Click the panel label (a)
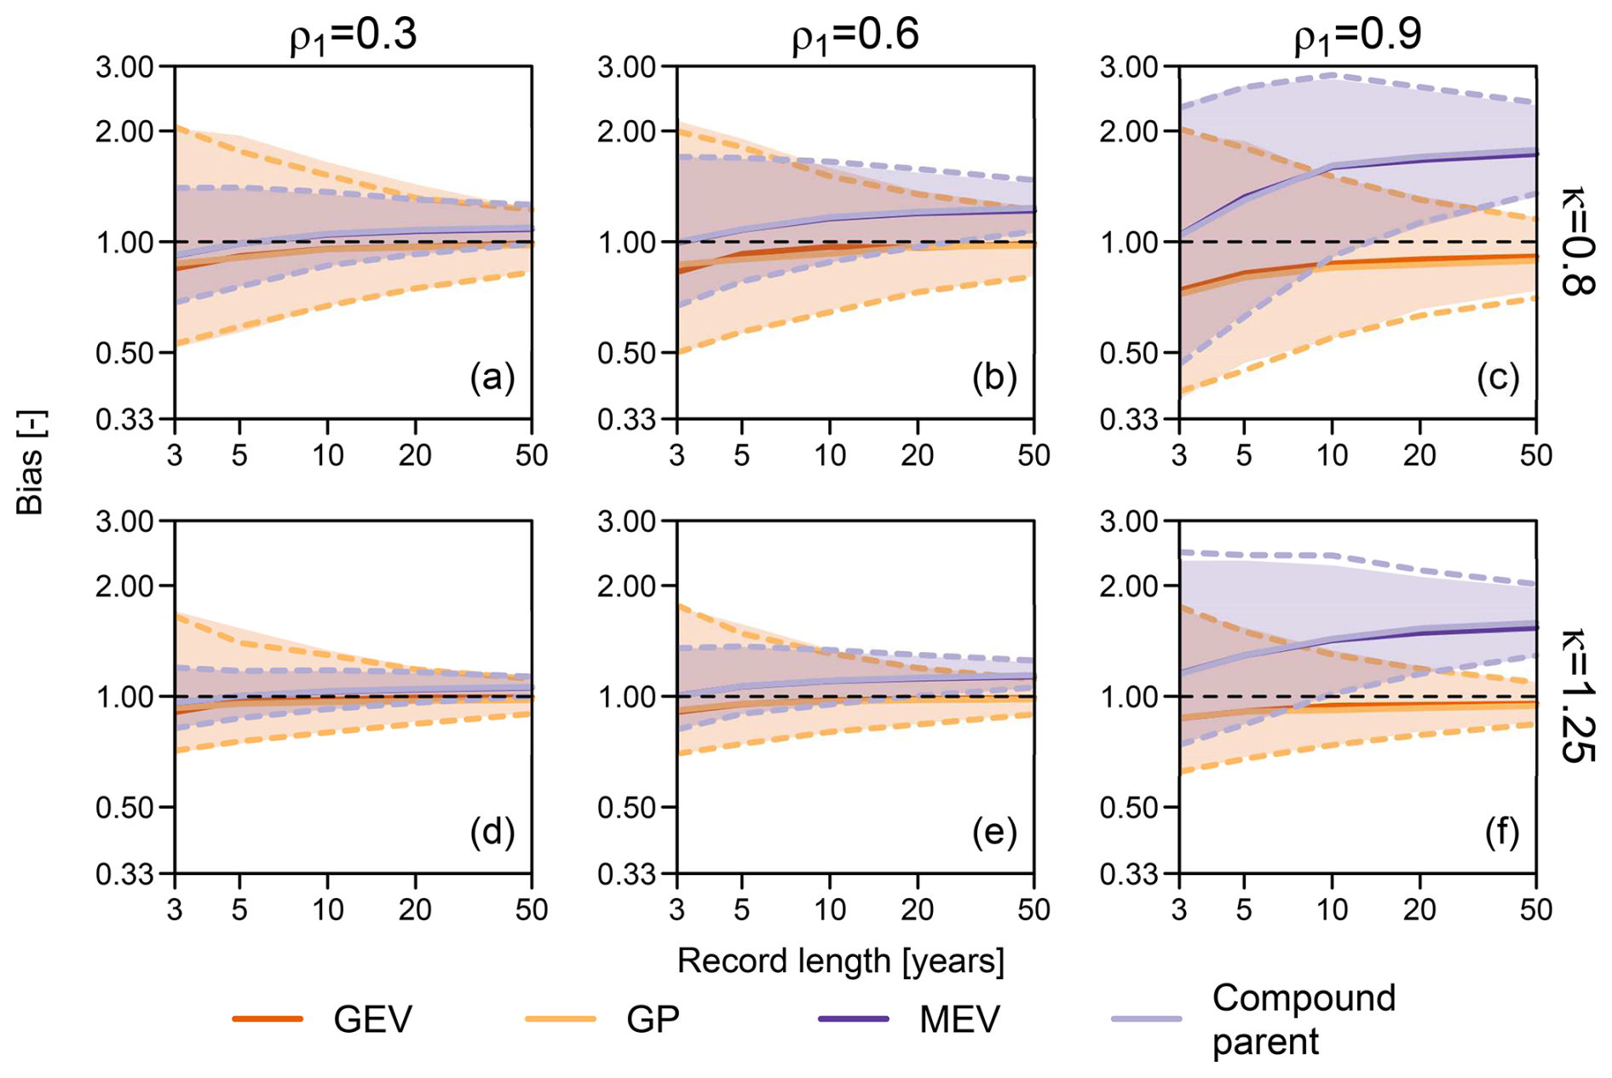click(x=492, y=377)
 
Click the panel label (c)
click(x=1498, y=377)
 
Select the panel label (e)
click(x=995, y=832)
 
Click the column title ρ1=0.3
click(x=353, y=36)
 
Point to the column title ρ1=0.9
click(x=1357, y=36)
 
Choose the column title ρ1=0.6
click(x=855, y=36)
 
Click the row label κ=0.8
click(x=1576, y=241)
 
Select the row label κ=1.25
click(x=1576, y=695)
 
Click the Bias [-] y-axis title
click(x=32, y=463)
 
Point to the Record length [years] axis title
click(x=841, y=961)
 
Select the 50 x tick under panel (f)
click(x=1536, y=910)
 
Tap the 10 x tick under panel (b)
click(x=830, y=456)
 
